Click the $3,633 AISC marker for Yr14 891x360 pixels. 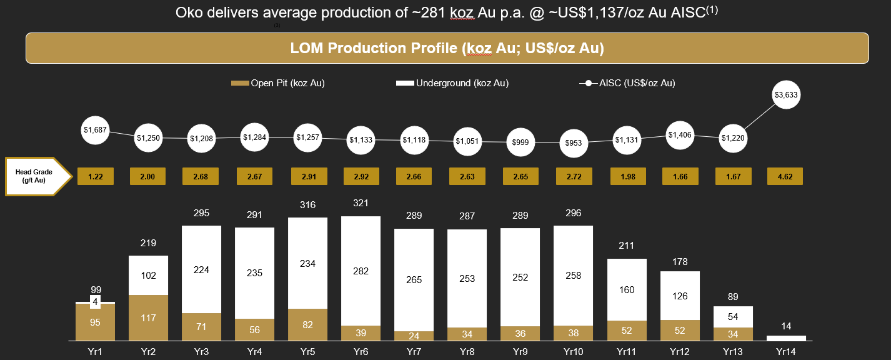tap(786, 96)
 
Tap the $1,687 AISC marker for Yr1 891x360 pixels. tap(96, 130)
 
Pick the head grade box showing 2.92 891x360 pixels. tap(361, 177)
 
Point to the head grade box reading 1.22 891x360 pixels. tap(96, 177)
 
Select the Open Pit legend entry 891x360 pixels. tap(277, 82)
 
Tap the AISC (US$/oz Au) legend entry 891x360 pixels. tap(627, 82)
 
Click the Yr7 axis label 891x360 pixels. tap(414, 352)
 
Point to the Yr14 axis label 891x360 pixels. tap(786, 352)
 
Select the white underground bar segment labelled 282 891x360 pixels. tap(361, 271)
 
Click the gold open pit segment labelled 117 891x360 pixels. tap(149, 317)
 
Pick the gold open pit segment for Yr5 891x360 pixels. tap(307, 324)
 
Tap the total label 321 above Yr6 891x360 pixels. tap(361, 204)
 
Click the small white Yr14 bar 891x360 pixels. tap(786, 338)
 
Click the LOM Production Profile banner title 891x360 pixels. tap(447, 48)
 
